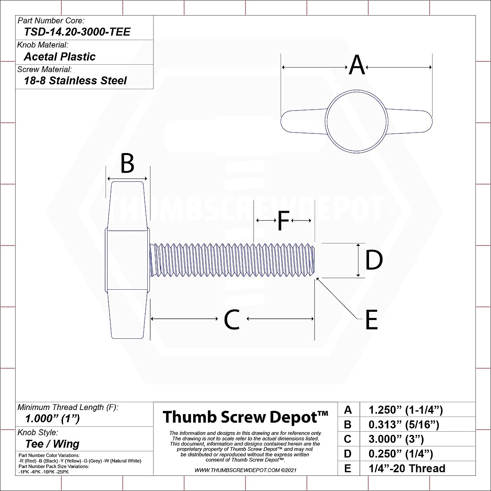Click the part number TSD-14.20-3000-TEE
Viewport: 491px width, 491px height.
point(77,32)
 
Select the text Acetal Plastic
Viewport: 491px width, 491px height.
point(60,56)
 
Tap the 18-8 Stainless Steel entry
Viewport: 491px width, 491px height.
point(75,81)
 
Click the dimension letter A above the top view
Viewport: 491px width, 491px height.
point(357,65)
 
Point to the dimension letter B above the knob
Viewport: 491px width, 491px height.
point(127,164)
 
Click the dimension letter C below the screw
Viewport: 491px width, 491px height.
point(232,320)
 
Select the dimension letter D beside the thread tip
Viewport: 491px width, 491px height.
point(374,260)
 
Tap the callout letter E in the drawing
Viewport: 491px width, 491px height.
point(371,320)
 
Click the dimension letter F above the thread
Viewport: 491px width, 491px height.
point(283,221)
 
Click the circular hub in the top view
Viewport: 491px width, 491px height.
point(356,121)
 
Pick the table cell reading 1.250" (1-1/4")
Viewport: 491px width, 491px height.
point(405,410)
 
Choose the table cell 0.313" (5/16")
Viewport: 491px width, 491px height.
point(403,424)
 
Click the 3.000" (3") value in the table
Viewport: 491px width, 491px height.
point(396,439)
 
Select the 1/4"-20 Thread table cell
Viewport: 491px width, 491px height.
point(407,468)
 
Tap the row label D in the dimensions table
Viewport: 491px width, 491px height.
point(347,454)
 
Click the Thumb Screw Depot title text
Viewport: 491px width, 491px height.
point(245,417)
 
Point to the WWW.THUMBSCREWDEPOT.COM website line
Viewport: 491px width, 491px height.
point(245,471)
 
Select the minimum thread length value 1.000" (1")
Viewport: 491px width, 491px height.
point(52,419)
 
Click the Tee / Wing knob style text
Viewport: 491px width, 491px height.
point(52,444)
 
